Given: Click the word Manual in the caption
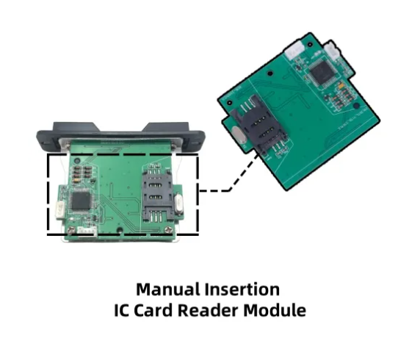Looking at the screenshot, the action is pyautogui.click(x=168, y=289).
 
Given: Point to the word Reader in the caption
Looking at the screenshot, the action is pyautogui.click(x=208, y=310).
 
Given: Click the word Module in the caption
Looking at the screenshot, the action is pyautogui.click(x=275, y=310).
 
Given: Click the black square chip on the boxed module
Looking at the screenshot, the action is pyautogui.click(x=80, y=201).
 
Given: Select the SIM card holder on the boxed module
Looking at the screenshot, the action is pyautogui.click(x=156, y=194).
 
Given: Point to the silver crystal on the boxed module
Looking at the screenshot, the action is pyautogui.click(x=178, y=204).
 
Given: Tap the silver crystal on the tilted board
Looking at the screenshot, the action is pyautogui.click(x=240, y=134).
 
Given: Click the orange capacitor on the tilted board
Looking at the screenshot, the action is pyautogui.click(x=341, y=85).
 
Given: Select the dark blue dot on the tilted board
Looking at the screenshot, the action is pyautogui.click(x=356, y=105).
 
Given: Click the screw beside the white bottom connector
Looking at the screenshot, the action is pyautogui.click(x=71, y=231).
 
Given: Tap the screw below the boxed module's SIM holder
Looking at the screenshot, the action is pyautogui.click(x=168, y=230).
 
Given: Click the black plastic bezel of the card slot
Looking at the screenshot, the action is pyautogui.click(x=120, y=136).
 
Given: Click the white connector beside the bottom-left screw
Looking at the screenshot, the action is pyautogui.click(x=87, y=231).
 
